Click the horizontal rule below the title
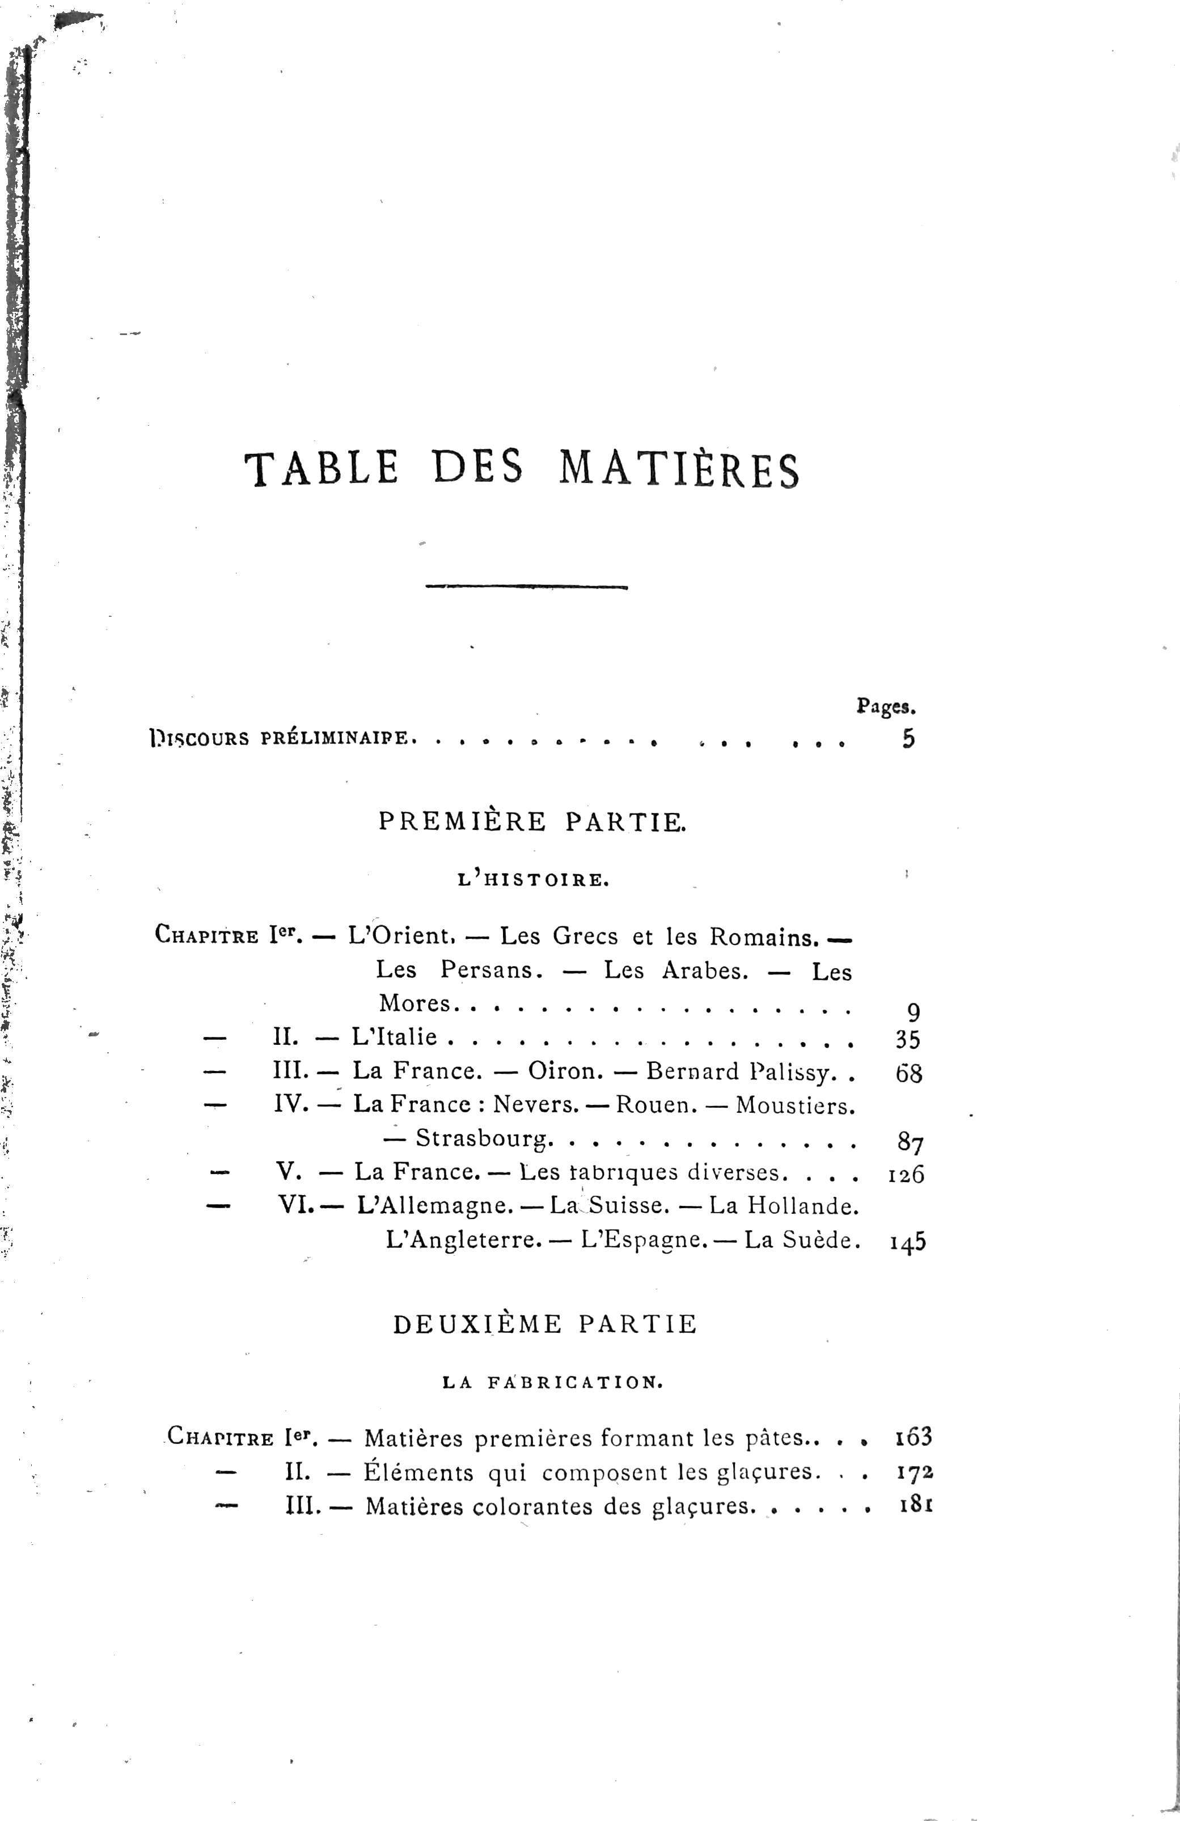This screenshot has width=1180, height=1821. tap(526, 587)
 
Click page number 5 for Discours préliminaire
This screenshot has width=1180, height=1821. tap(908, 739)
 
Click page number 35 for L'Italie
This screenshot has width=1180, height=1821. tap(908, 1040)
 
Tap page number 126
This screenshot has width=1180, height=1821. tap(907, 1174)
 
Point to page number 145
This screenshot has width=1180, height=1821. tap(908, 1241)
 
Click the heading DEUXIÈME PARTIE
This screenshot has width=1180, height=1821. tap(545, 1324)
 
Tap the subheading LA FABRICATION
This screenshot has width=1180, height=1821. tap(552, 1383)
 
